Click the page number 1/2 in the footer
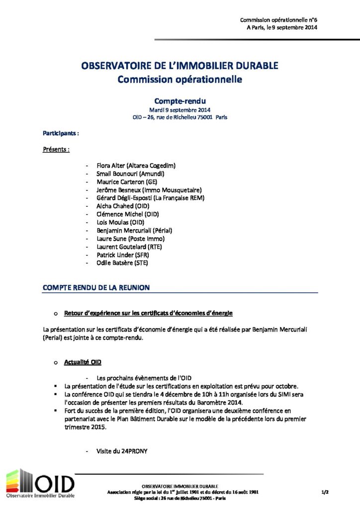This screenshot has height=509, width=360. [x=325, y=492]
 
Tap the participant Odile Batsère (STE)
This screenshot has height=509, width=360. [x=122, y=263]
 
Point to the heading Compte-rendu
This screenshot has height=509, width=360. [x=180, y=100]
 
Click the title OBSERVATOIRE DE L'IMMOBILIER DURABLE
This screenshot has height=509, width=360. [x=180, y=66]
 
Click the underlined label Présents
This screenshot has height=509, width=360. [x=56, y=149]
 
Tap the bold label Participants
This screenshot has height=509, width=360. [x=61, y=134]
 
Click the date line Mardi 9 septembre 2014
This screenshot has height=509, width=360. [x=180, y=110]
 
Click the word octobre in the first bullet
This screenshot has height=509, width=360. [x=287, y=386]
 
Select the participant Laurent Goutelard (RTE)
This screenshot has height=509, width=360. [x=129, y=247]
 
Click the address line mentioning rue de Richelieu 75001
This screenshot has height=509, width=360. [x=180, y=118]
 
